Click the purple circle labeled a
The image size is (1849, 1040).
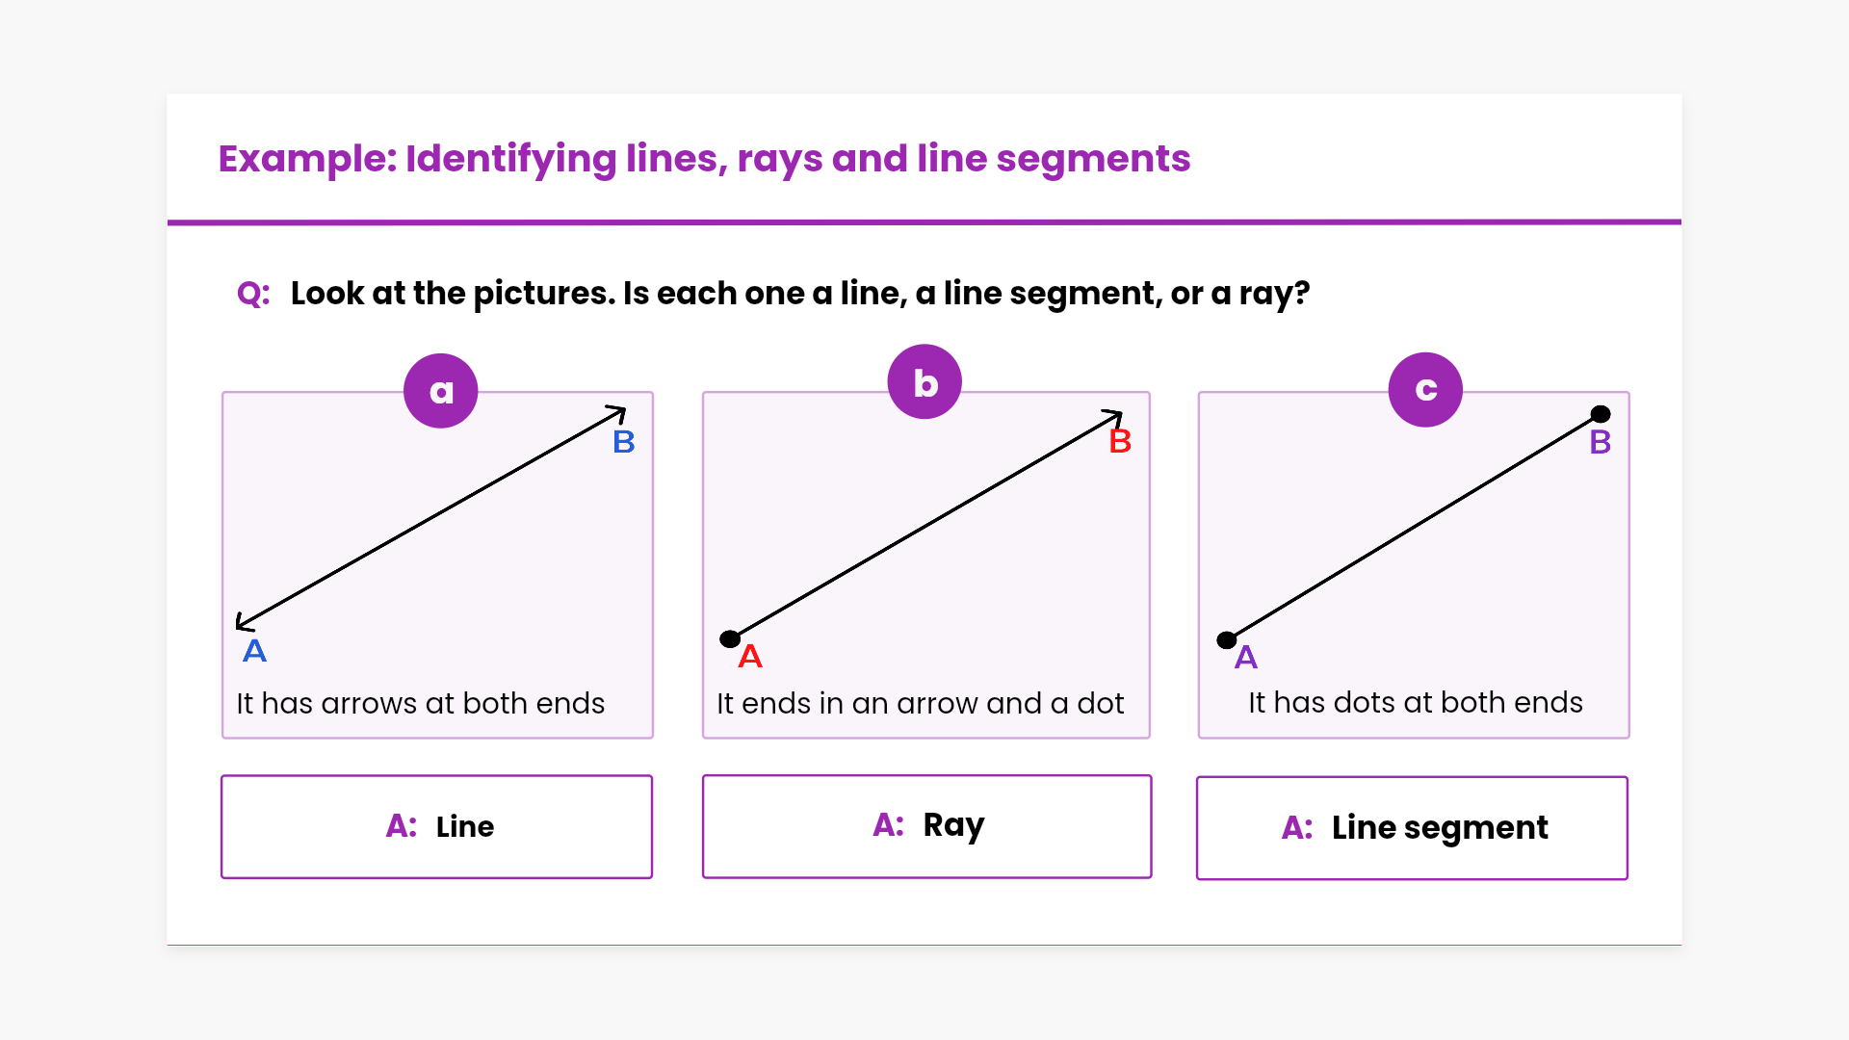click(441, 391)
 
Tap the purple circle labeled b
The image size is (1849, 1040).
click(924, 382)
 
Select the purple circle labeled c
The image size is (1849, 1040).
click(1425, 390)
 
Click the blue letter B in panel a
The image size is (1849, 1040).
click(624, 442)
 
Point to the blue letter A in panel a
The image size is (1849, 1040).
click(254, 651)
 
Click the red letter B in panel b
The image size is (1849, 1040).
click(1120, 442)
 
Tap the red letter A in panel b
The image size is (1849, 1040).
click(750, 657)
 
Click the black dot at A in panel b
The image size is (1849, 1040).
click(730, 638)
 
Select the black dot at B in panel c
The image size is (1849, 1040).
click(1601, 414)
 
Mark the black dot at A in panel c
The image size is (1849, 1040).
click(1227, 639)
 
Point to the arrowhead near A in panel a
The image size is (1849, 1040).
click(243, 623)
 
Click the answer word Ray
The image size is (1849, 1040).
click(953, 825)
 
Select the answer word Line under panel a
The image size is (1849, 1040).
click(464, 827)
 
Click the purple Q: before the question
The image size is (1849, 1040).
click(253, 294)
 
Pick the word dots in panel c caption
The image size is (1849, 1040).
click(1367, 703)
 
